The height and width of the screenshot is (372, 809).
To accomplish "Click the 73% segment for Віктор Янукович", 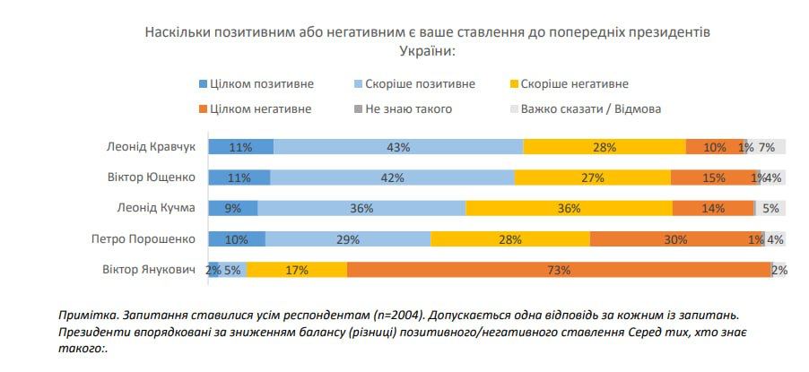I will [558, 270].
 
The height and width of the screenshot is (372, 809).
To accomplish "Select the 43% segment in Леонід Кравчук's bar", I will [398, 147].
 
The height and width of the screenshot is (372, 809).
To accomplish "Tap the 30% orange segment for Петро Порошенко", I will [675, 239].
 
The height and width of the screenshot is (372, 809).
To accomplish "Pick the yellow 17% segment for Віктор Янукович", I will [297, 270].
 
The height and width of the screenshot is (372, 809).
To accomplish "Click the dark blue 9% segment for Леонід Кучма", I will [233, 209].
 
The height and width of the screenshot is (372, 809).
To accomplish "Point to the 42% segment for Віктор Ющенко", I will [392, 177].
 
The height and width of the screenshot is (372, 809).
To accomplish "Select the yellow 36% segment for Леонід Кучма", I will [569, 209].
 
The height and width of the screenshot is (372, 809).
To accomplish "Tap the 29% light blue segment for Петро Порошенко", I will [348, 239].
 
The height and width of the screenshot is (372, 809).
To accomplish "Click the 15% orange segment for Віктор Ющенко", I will [714, 177].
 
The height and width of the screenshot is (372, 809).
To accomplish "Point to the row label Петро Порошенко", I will [143, 239].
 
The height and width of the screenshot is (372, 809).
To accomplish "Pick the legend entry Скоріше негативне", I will [574, 84].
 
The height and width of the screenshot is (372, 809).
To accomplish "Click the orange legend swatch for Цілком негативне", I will [202, 108].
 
